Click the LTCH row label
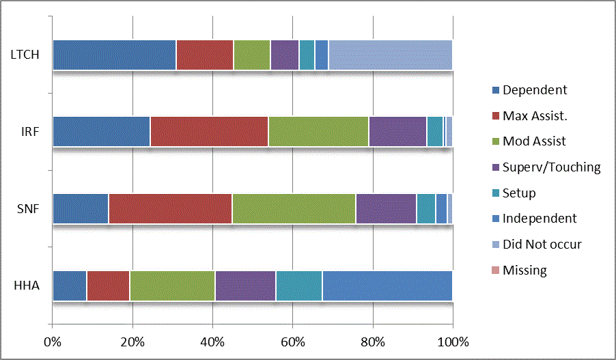pos(25,55)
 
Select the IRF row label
pos(28,132)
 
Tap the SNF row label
pos(27,208)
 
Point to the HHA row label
pos(27,286)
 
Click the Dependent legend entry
pos(534,89)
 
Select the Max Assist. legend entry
pos(535,115)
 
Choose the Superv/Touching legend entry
pos(551,167)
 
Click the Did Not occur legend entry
pos(542,244)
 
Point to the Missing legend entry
pos(524,270)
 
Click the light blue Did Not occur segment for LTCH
pos(390,55)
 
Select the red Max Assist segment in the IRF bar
pos(209,131)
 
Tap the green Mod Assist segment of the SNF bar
pos(294,208)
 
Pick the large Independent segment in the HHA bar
pos(387,286)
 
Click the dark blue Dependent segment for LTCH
pos(114,55)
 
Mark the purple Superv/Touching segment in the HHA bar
pos(245,286)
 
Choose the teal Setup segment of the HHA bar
pos(298,286)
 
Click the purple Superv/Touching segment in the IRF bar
pos(397,131)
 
